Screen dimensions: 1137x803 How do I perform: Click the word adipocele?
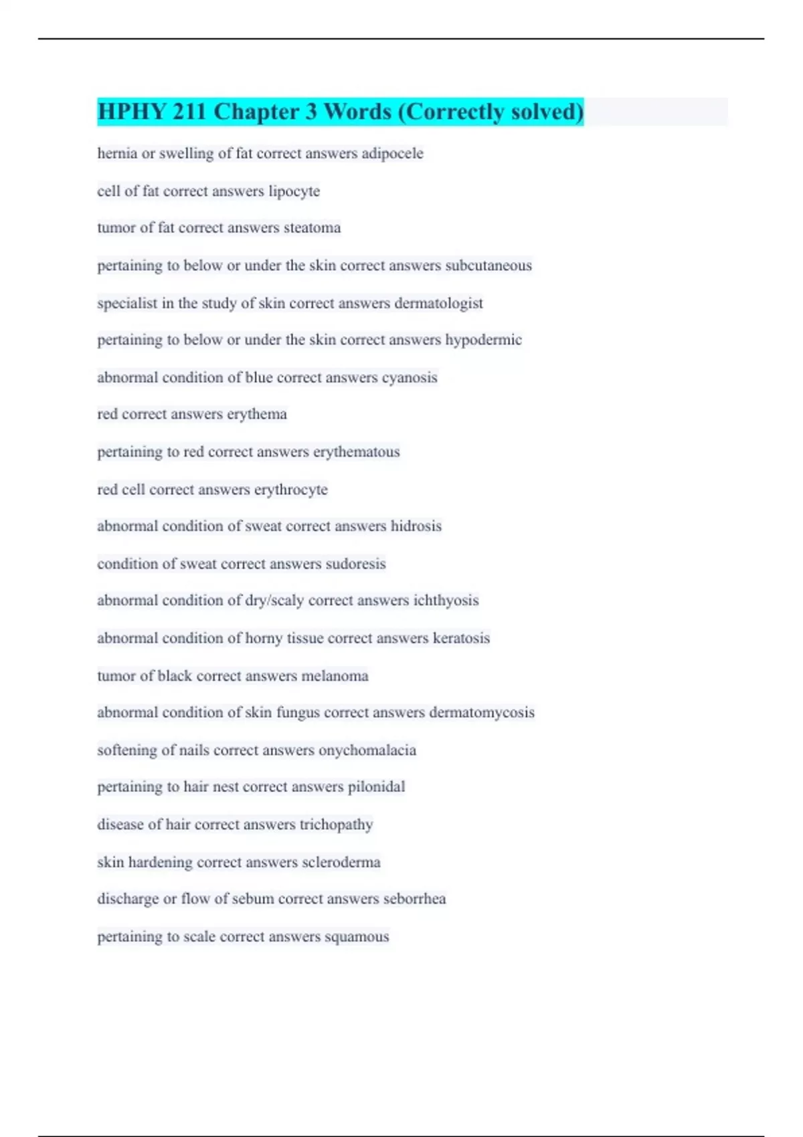coord(392,154)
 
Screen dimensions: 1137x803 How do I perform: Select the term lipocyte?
coord(294,191)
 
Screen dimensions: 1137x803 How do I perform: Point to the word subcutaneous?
coord(488,266)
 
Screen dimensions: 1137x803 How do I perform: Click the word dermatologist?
coord(438,303)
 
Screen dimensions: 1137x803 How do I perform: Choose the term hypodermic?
coord(483,340)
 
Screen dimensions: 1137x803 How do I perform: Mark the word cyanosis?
coord(410,377)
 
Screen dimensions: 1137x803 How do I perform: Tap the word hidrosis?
coord(416,526)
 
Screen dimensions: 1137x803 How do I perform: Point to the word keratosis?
coord(461,638)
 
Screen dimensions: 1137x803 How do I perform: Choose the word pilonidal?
coord(376,787)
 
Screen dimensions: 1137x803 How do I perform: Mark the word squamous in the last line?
coord(357,936)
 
